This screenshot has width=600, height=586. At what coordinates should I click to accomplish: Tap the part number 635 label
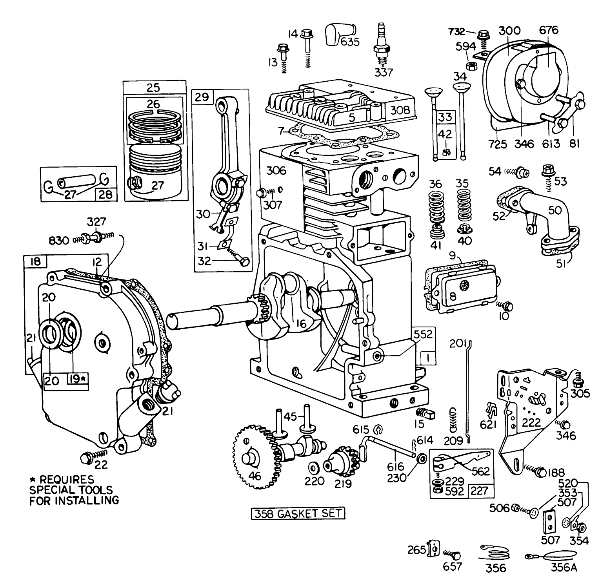tap(350, 41)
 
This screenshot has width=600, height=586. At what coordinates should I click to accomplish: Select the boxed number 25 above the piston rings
tap(153, 88)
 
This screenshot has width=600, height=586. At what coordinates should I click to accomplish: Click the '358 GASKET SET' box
tap(298, 514)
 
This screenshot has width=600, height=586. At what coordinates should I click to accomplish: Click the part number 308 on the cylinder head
tap(400, 110)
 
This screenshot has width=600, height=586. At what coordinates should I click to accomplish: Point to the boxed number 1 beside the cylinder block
tap(427, 358)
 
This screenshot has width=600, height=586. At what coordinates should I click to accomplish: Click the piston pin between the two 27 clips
tap(77, 182)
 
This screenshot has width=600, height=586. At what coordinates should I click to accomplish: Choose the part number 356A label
tap(564, 568)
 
